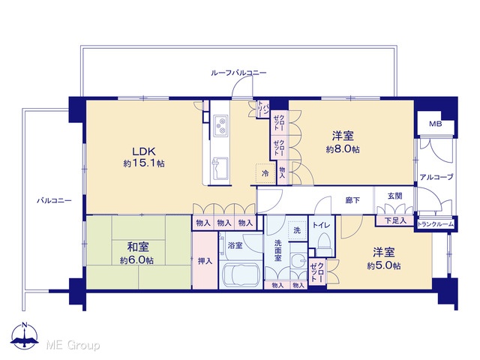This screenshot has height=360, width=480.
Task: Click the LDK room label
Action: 144,151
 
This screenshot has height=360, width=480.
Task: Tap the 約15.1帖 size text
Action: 144,163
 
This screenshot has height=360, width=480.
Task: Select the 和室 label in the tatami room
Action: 138,247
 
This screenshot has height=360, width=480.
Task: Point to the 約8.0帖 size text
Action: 343,149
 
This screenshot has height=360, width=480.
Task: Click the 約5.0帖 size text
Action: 384,265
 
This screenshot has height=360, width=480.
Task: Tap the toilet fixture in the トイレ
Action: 324,244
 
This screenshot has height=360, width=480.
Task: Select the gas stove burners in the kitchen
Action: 220,126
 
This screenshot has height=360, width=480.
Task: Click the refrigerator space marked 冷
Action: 265,173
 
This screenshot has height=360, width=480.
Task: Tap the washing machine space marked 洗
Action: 297,230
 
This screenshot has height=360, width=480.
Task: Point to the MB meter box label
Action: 435,124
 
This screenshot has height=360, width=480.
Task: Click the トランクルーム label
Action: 436,224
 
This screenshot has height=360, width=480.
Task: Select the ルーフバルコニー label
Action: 238,73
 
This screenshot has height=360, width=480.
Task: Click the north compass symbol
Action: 25,336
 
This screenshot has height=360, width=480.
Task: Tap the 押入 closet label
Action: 205,261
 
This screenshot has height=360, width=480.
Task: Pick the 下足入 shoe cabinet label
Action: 395,220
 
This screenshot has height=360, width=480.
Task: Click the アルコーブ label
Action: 436,177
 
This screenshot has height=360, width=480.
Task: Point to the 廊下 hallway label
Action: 352,200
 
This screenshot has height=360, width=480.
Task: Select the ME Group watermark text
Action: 73,345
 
